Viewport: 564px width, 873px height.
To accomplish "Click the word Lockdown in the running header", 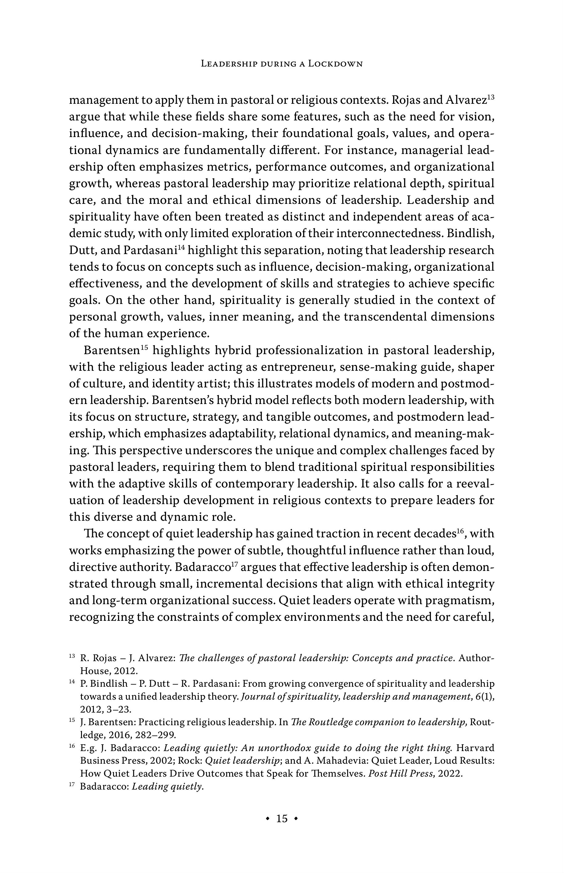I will coord(335,64).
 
